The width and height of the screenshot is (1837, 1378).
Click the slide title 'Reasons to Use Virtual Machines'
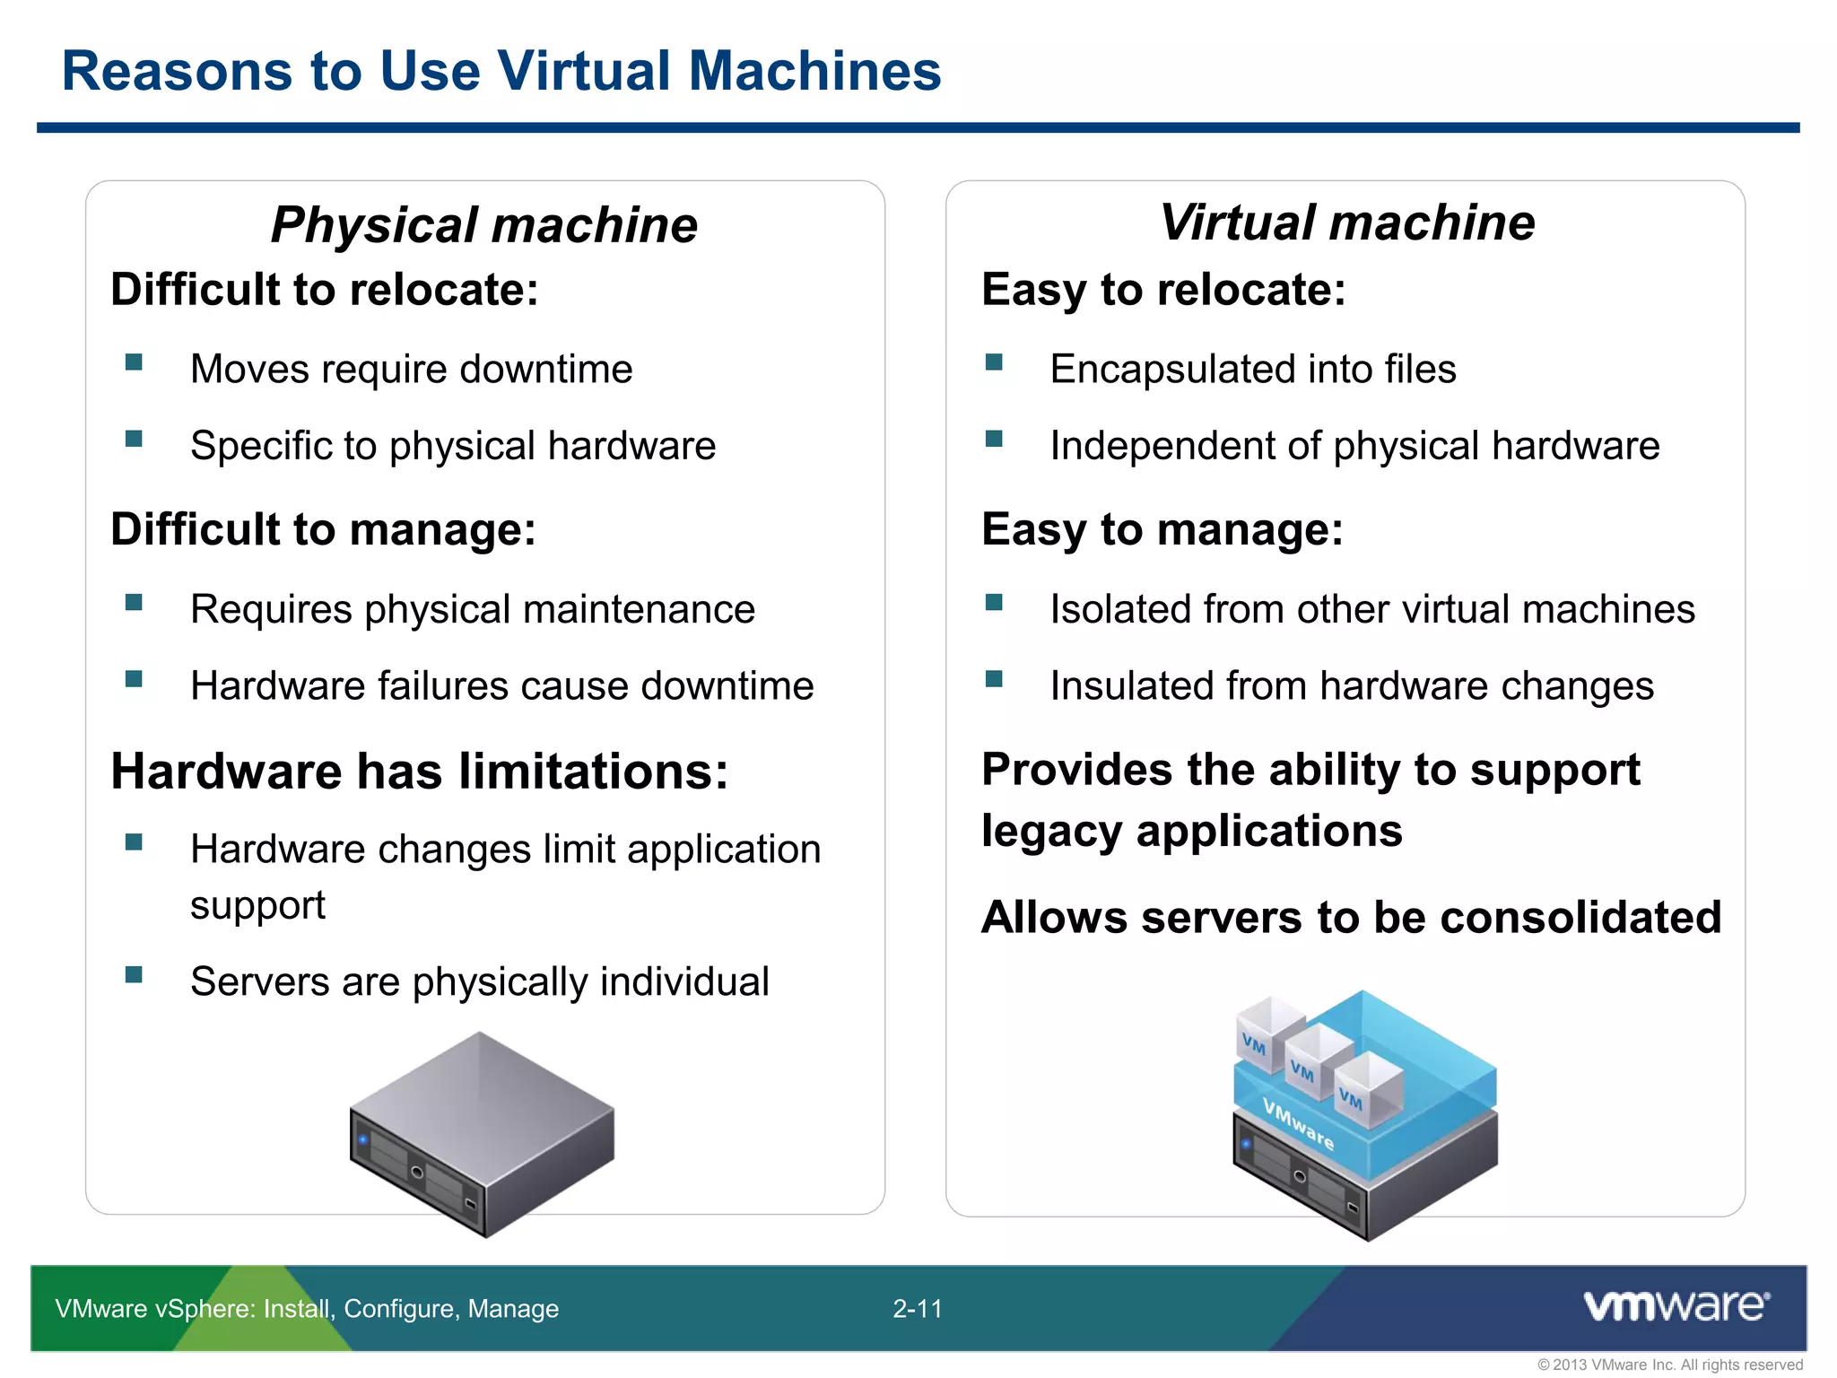(501, 71)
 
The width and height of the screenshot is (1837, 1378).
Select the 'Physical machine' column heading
(484, 224)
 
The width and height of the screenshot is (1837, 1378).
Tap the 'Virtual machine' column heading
(1347, 222)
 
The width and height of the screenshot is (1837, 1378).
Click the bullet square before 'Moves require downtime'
(134, 362)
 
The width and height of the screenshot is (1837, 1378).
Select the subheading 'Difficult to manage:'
(323, 529)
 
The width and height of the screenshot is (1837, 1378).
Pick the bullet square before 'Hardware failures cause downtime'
(134, 679)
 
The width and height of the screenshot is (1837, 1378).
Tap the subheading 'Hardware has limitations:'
(419, 772)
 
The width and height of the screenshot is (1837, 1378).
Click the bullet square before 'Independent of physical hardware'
(993, 439)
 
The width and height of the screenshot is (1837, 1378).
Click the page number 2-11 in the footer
(917, 1309)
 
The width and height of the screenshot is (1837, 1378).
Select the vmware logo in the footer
(1676, 1306)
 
